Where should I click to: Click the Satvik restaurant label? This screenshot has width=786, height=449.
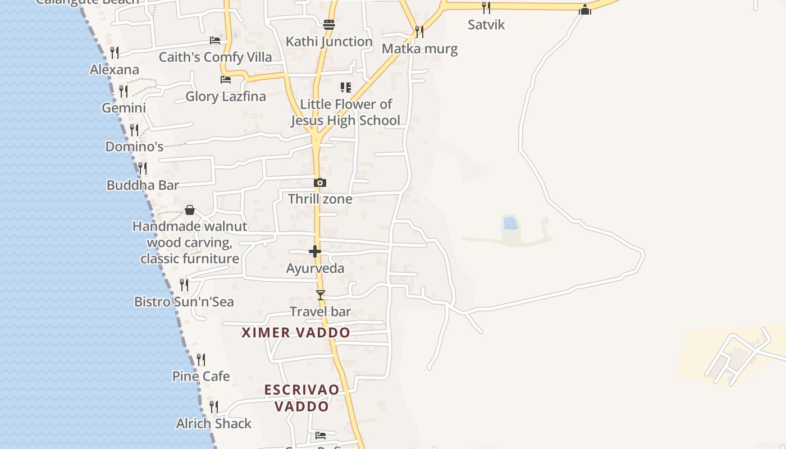[486, 25]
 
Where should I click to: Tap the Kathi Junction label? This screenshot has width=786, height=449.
[329, 42]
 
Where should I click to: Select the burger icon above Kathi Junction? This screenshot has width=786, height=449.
[329, 25]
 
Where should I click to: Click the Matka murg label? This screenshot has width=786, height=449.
[419, 49]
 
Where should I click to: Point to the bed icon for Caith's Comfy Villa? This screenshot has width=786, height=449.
[215, 40]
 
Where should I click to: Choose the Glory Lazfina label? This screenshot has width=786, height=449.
[226, 97]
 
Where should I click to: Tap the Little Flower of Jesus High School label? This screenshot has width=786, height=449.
[346, 112]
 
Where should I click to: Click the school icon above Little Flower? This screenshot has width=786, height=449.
[346, 88]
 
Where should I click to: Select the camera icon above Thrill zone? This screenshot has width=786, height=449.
[320, 182]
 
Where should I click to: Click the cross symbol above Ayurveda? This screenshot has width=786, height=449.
[315, 251]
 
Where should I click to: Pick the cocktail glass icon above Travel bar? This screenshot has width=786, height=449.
[321, 295]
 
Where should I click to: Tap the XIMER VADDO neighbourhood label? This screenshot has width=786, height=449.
[296, 332]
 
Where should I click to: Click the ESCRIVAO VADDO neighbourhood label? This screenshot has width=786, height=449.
[302, 398]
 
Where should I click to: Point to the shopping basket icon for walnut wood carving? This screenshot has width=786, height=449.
[190, 210]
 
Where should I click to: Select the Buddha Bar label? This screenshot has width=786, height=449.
[143, 185]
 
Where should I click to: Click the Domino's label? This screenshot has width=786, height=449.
[134, 147]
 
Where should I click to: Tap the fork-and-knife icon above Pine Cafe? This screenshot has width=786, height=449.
[201, 359]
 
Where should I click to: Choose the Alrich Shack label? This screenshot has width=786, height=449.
[214, 424]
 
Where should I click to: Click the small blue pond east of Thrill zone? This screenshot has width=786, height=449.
[510, 223]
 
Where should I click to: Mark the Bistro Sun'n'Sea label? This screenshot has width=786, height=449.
[184, 302]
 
